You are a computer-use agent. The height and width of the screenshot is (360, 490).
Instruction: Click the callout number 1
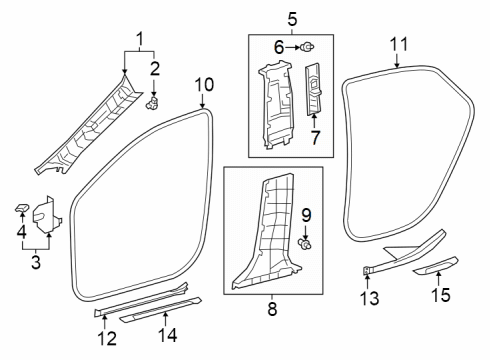pos(138,39)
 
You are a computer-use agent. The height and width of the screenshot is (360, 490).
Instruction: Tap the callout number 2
pos(153,68)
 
